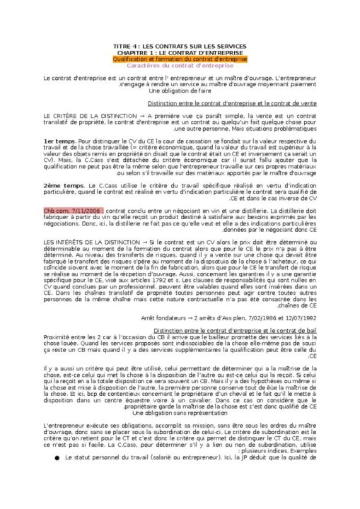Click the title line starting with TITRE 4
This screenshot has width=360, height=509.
pos(179,46)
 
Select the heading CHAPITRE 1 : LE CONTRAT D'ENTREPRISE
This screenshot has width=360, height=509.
pos(179,52)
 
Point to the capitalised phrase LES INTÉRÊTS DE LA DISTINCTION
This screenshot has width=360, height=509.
pos(89,240)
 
